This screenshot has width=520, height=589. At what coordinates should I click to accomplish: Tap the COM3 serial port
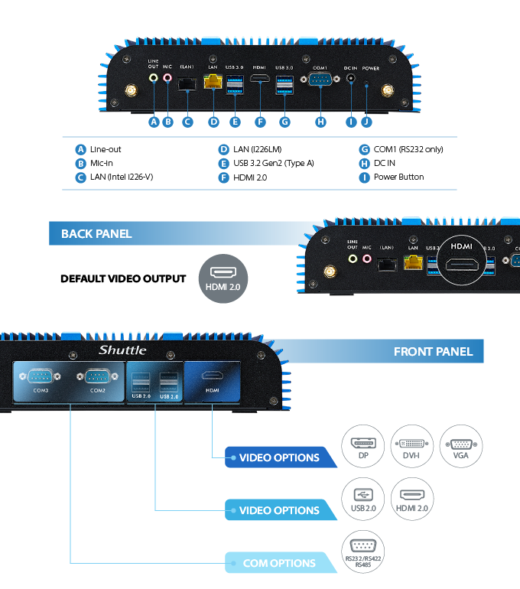40,376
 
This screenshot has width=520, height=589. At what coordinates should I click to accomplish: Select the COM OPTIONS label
279,563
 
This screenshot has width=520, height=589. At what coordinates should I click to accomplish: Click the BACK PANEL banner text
96,234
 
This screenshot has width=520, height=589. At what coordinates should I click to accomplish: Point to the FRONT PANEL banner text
433,352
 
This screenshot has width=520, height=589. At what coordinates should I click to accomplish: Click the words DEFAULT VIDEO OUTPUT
123,278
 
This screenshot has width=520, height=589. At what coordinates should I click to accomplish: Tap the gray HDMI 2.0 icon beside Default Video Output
223,278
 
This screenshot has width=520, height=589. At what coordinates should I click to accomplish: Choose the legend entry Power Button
398,177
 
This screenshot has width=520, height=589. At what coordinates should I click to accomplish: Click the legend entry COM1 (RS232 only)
408,149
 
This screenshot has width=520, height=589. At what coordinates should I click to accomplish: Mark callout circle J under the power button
366,122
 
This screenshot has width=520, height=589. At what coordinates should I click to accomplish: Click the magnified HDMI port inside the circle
462,264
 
